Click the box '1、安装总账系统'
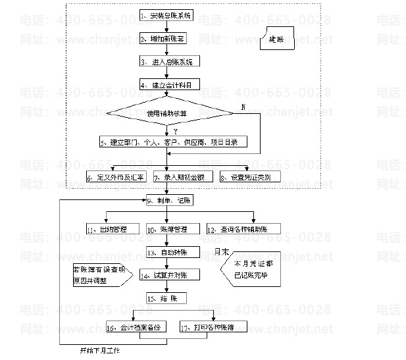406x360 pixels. coord(168,14)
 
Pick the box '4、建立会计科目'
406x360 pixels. coord(168,85)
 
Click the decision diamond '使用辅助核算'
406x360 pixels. coord(167,113)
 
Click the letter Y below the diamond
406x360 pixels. coord(175,132)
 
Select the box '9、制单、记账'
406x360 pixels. coord(168,200)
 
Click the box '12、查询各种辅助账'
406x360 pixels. coord(243,229)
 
